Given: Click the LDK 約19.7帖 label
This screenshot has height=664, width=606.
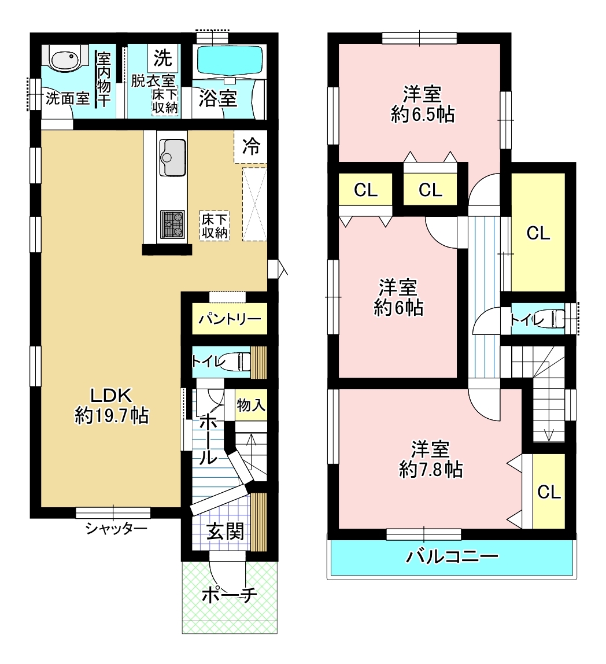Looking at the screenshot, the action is [x=112, y=405].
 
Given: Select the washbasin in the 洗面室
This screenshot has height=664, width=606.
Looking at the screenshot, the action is [x=64, y=57].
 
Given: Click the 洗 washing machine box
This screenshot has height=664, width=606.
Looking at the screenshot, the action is [x=162, y=58].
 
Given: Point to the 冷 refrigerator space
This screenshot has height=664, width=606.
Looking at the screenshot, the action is [x=251, y=147].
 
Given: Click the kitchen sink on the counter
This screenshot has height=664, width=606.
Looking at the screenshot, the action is [x=172, y=157].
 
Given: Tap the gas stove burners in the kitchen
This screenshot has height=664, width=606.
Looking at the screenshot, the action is [x=172, y=224].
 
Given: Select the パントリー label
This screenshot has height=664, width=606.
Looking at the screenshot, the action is [x=230, y=319].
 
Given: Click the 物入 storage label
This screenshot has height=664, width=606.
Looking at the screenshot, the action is [x=251, y=405].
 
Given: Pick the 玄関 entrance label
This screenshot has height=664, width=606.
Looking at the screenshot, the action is [x=226, y=532].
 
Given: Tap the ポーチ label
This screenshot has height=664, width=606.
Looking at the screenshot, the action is [x=229, y=595].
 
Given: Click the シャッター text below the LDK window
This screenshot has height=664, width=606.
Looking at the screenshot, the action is [x=116, y=529].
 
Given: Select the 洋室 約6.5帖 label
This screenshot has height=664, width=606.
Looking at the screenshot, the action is [x=422, y=104].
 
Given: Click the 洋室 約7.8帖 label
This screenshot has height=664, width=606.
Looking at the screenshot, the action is [x=431, y=459].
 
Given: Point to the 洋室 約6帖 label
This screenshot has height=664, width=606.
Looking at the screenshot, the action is [x=398, y=298].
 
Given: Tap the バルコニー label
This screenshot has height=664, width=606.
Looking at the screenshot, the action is [x=452, y=556].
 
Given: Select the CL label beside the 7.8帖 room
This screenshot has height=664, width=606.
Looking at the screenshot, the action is [x=549, y=492].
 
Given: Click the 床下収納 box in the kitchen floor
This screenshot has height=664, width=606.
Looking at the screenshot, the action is [x=215, y=226].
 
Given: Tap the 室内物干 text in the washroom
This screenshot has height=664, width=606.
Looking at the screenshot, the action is [x=104, y=79].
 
